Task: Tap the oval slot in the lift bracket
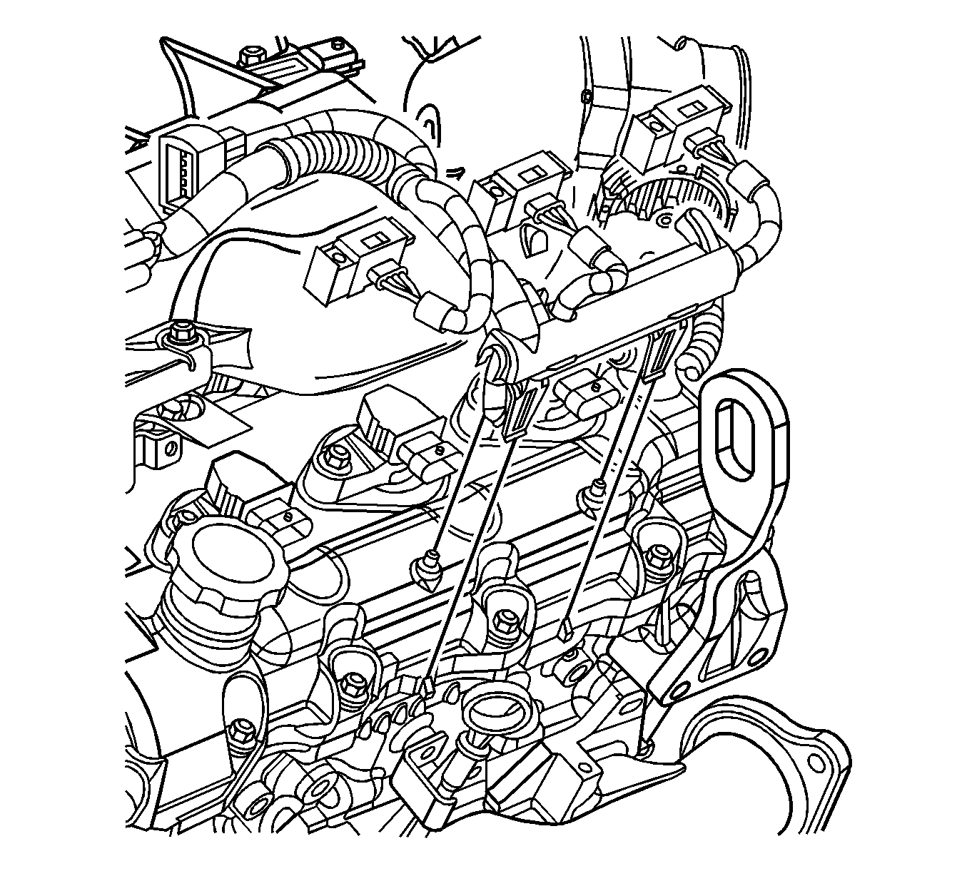[x=735, y=441]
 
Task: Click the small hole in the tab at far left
[x=169, y=449]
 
